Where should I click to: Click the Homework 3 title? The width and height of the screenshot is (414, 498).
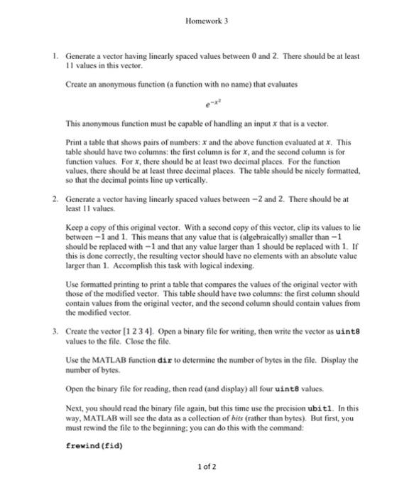207,21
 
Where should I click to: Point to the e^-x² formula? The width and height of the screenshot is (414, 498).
207,104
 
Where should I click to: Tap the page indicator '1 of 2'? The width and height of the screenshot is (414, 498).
207,467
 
